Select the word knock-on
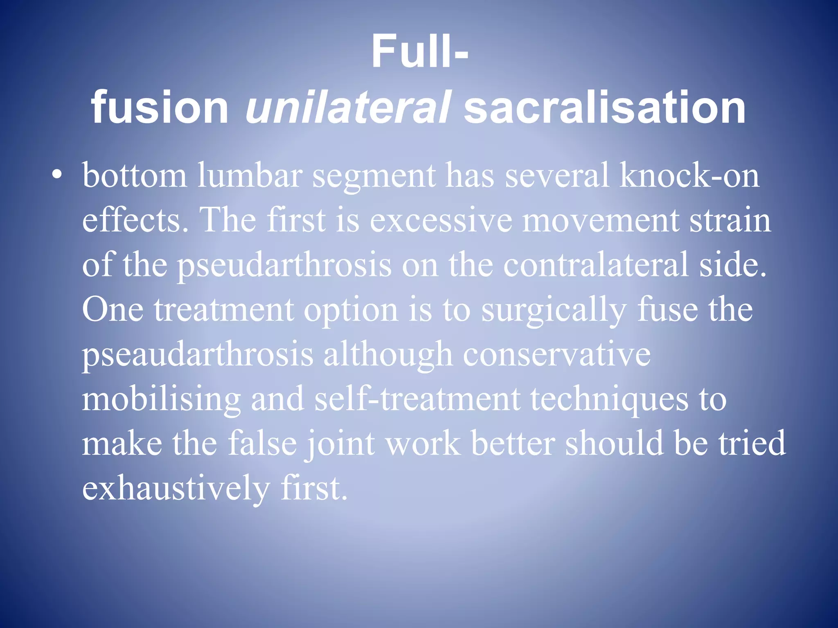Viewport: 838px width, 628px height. pos(689,176)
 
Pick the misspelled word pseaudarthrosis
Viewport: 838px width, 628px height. pos(197,355)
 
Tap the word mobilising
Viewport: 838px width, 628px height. pos(161,400)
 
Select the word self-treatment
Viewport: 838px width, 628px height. pos(417,400)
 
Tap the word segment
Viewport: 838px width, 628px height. pos(374,176)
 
